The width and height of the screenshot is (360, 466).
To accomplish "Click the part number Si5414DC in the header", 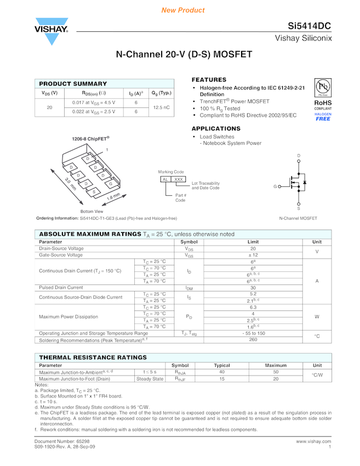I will [310, 27].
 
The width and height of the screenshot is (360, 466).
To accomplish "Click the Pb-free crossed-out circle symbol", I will [323, 88].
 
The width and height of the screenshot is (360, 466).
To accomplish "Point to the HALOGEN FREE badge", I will [323, 116].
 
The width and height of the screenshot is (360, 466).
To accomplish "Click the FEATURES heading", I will [209, 80].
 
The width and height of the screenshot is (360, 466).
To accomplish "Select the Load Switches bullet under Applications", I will [217, 137].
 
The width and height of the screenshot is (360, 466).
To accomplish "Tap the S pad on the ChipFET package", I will [95, 191].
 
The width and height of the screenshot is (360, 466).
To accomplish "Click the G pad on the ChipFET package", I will [110, 184].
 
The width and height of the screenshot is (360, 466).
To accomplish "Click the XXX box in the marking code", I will [179, 179].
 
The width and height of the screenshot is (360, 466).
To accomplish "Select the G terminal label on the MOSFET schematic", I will [275, 187].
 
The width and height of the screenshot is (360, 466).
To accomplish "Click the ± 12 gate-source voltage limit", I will [253, 255].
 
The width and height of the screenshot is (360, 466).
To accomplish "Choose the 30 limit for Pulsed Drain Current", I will [253, 287].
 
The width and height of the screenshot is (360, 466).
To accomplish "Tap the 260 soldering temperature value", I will [253, 339].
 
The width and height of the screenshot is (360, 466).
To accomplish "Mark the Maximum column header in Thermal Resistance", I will [276, 365].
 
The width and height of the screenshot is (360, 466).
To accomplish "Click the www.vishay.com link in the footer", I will [313, 441].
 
